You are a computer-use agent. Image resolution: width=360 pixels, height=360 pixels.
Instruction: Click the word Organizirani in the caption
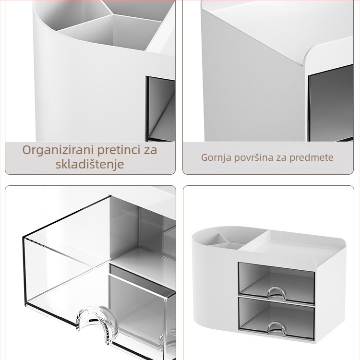(58, 150)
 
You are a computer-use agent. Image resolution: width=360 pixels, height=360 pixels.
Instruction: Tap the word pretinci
(119, 150)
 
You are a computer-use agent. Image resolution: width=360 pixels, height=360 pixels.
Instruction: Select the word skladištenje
(90, 164)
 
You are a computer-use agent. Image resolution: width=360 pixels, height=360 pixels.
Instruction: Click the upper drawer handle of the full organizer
(277, 294)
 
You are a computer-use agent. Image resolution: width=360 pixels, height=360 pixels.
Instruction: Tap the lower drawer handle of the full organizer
(277, 329)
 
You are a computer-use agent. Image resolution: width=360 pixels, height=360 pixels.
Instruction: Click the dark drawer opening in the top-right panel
(331, 103)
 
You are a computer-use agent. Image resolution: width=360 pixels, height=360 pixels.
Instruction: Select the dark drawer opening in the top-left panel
(161, 108)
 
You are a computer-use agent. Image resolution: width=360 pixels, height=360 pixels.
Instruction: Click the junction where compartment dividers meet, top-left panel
(112, 14)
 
